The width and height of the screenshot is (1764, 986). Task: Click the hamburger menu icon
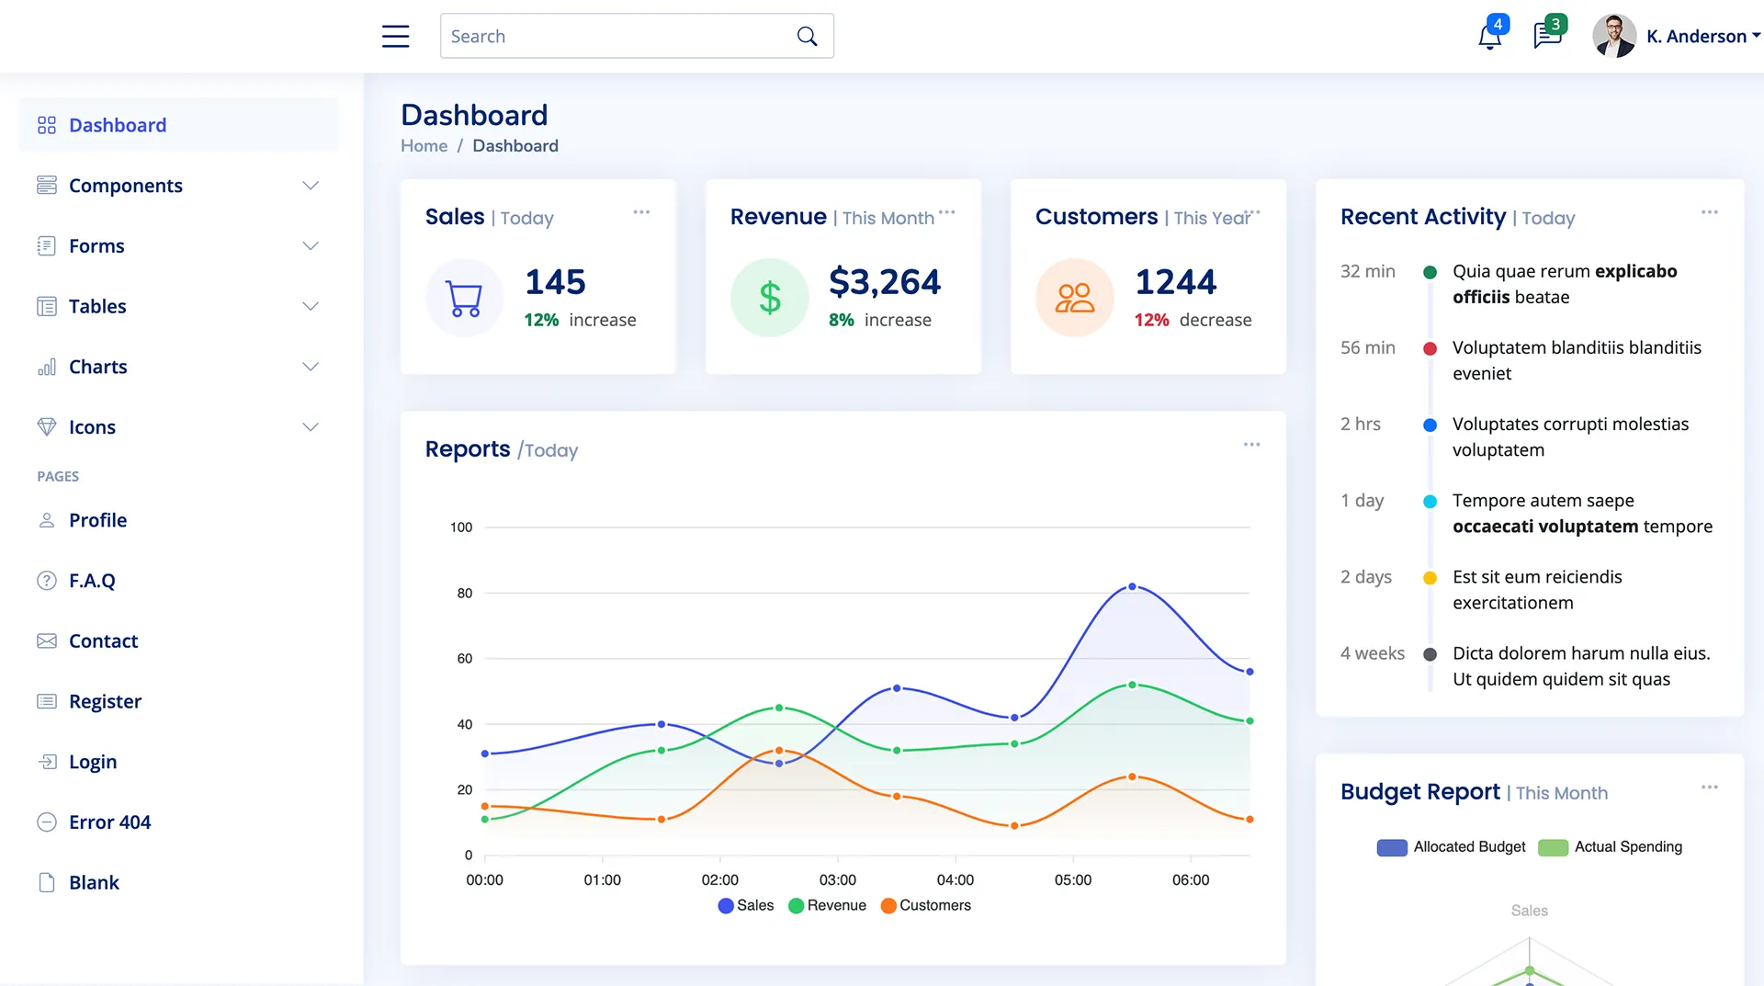395,36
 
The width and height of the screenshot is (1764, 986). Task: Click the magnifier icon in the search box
807,36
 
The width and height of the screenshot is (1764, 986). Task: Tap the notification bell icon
1489,37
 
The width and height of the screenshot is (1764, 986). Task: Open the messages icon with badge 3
1547,36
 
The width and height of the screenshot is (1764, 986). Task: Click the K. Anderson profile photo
1613,36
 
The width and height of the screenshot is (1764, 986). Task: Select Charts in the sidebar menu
98,367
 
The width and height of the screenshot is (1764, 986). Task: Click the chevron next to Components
311,186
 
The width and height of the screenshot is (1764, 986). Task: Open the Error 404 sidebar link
109,822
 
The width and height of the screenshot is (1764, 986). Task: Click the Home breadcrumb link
424,146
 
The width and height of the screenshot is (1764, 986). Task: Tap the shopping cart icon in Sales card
464,298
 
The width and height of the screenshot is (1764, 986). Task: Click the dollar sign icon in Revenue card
770,298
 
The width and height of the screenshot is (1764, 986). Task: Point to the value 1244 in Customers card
1175,282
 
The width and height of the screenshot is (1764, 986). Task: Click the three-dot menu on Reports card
1251,445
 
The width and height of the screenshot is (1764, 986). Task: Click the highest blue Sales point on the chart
1132,586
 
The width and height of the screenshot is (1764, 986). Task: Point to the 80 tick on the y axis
465,594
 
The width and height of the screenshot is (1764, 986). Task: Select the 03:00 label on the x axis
837,880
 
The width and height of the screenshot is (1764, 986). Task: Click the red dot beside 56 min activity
1430,348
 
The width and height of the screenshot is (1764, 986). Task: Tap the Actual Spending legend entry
1610,847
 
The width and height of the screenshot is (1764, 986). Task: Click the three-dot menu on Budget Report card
1709,788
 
